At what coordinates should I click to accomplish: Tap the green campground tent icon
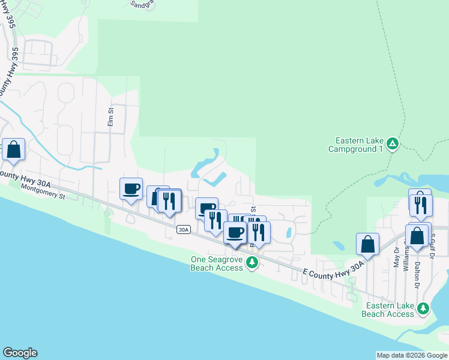(x=392, y=143)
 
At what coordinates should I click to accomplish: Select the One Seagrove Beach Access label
(x=217, y=263)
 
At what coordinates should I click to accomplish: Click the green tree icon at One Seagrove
(x=253, y=262)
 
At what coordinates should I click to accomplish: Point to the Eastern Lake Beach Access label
(x=388, y=310)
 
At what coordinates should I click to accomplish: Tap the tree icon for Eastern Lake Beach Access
(x=424, y=308)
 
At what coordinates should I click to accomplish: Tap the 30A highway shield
(x=184, y=229)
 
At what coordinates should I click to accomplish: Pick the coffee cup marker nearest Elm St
(x=131, y=189)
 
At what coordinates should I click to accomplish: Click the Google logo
(x=20, y=353)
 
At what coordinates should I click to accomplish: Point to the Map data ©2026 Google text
(x=411, y=355)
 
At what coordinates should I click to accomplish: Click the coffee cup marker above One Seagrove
(x=235, y=232)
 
